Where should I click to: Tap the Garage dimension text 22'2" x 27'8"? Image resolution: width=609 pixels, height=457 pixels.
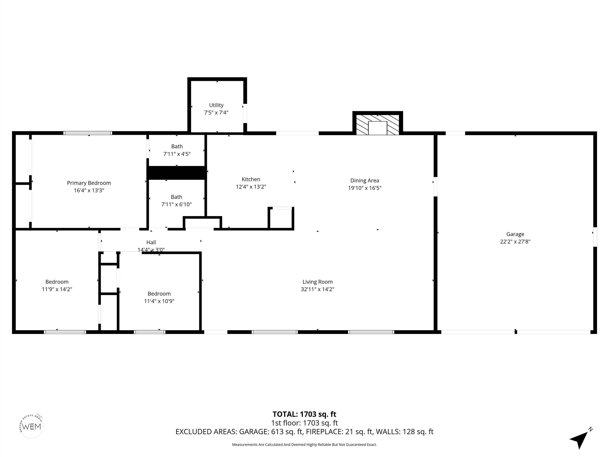point(515,242)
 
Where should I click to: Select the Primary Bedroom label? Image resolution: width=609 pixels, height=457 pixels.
point(89,183)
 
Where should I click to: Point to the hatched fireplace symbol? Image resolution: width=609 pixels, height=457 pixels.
point(377,125)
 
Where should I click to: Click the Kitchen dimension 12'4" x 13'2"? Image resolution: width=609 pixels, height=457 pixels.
point(251,187)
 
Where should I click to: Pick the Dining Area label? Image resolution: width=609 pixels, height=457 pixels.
point(365,180)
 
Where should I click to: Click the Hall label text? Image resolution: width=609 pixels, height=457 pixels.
point(151,242)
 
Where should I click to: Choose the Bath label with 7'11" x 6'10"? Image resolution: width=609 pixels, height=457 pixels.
point(176,197)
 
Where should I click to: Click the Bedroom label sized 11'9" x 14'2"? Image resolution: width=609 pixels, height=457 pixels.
point(57,282)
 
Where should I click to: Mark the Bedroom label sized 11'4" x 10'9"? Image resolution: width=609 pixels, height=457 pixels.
point(159,294)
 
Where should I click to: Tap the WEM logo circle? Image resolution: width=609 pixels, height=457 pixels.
point(32,426)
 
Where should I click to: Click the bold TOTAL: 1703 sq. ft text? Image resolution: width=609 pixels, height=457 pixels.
point(304,414)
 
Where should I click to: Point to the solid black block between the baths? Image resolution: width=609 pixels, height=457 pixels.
point(177,173)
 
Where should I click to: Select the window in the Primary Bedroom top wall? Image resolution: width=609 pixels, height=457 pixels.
point(88,133)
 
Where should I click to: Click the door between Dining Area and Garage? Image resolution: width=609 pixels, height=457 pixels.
point(435,186)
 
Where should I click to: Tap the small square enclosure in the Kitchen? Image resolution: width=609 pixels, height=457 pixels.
point(281,218)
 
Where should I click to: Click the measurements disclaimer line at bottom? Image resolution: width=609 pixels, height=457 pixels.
point(304,445)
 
